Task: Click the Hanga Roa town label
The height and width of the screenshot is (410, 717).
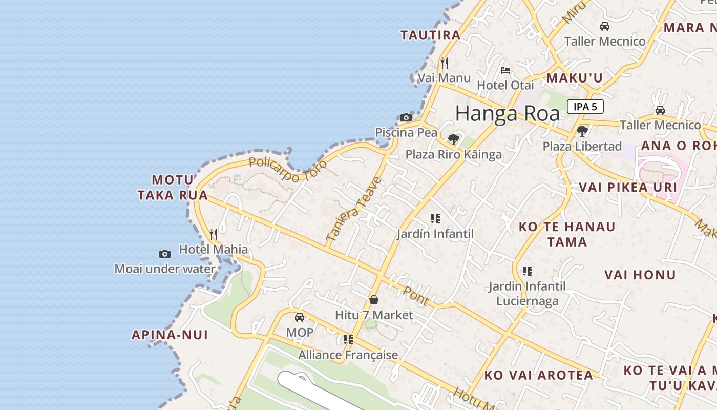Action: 507,113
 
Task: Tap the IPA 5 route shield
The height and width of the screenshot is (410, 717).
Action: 585,107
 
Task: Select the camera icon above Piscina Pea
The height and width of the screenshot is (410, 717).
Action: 406,117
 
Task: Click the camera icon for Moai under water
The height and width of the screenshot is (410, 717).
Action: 165,254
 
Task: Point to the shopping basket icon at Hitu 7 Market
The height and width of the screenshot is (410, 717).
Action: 374,300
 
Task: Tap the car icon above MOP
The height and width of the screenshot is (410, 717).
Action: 300,317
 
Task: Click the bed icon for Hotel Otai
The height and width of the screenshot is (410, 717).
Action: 505,70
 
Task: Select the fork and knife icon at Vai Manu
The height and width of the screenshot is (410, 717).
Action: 444,63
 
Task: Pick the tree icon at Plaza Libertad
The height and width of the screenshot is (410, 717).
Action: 582,131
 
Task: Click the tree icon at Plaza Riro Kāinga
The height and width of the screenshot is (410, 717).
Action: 453,139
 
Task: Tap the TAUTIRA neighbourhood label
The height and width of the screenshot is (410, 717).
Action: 431,35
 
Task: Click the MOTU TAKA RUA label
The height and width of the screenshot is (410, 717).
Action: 173,188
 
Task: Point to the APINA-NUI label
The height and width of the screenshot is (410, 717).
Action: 170,335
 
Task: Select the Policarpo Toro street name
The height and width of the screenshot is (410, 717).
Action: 287,170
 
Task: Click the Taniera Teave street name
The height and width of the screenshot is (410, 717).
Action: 354,209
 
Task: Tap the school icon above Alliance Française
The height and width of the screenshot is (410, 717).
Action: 348,339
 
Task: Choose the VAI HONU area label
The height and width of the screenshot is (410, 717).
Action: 640,275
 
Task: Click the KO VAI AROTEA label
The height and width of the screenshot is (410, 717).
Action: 539,375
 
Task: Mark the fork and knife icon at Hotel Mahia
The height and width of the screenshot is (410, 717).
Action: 214,234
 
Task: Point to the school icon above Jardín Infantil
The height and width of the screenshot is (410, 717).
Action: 435,219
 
